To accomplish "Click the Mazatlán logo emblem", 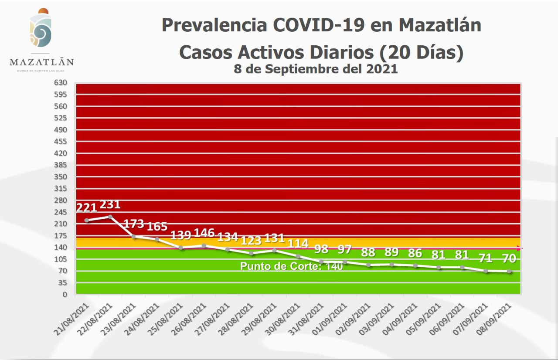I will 41,30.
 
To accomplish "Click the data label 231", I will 110,204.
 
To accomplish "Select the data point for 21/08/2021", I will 87,220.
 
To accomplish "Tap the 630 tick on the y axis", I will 61,83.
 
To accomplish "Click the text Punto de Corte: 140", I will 291,266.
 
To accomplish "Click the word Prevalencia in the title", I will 214,25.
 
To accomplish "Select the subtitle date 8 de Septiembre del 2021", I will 316,69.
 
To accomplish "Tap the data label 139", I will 180,235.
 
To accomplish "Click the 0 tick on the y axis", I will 64,295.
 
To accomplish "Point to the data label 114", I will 298,243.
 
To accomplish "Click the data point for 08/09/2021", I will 509,272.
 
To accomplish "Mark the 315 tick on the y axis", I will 61,189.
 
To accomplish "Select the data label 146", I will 204,232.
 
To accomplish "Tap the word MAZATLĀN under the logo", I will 41,62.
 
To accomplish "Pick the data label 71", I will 485,258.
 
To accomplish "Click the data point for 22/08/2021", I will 110,217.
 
